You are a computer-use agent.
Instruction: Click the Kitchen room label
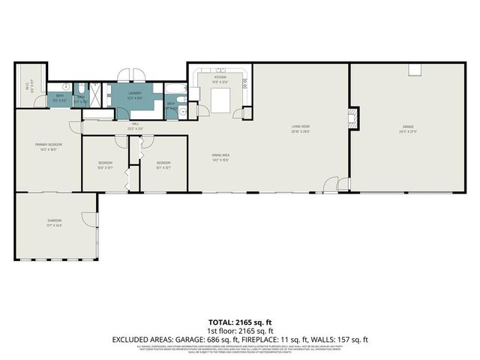(220, 77)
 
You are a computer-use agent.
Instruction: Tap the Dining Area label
(220, 155)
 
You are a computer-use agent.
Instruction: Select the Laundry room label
(135, 94)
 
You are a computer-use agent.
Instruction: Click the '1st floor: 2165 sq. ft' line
(239, 330)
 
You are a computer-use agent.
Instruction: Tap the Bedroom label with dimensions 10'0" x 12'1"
(104, 163)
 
